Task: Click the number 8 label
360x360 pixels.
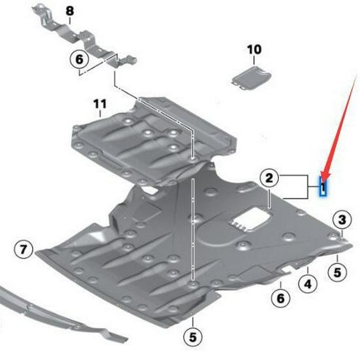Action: coord(70,11)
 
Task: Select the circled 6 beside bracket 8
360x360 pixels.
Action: coord(79,60)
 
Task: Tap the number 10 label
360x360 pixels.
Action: coord(254,49)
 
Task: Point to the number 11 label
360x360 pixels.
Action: coord(100,104)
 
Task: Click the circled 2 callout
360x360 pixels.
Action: coord(269,178)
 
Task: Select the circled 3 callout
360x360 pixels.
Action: coord(342,219)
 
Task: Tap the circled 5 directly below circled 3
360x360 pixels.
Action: coord(337,272)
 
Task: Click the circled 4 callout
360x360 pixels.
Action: coord(308,284)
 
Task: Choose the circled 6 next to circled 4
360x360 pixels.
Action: coord(281,298)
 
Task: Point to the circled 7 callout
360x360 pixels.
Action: coord(23,249)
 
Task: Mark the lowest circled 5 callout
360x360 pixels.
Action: coord(193,337)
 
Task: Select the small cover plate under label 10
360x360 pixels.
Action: coord(251,78)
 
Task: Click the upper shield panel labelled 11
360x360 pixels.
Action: coord(152,140)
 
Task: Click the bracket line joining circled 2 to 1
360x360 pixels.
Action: coord(308,187)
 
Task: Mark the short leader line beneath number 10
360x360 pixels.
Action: coord(254,60)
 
